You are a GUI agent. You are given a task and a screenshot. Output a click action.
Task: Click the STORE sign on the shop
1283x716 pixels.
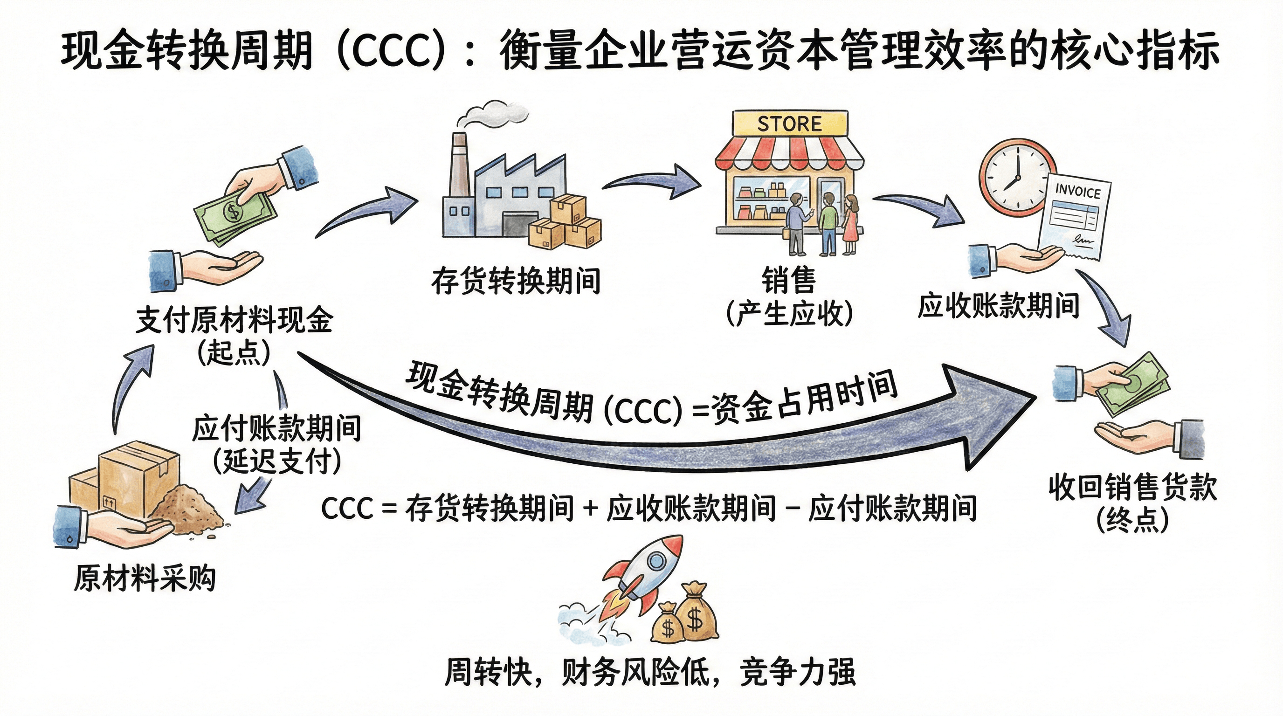click(x=789, y=124)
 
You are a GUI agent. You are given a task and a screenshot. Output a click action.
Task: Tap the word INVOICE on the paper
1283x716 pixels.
click(x=1078, y=192)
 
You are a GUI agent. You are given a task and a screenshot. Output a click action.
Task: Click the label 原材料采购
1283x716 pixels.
click(x=145, y=578)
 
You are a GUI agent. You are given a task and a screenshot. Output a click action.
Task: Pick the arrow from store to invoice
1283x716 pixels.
click(x=921, y=209)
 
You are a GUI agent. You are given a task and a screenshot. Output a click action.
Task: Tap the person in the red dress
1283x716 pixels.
click(x=851, y=224)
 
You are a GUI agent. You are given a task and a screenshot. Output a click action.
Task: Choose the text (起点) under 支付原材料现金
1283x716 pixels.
click(x=234, y=353)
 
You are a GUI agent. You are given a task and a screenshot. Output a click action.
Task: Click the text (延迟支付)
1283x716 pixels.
click(x=277, y=461)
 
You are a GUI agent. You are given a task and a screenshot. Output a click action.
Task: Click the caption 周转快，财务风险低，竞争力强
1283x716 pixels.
click(x=649, y=672)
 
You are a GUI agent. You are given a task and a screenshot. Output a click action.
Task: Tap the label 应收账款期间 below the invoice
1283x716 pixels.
click(x=998, y=305)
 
